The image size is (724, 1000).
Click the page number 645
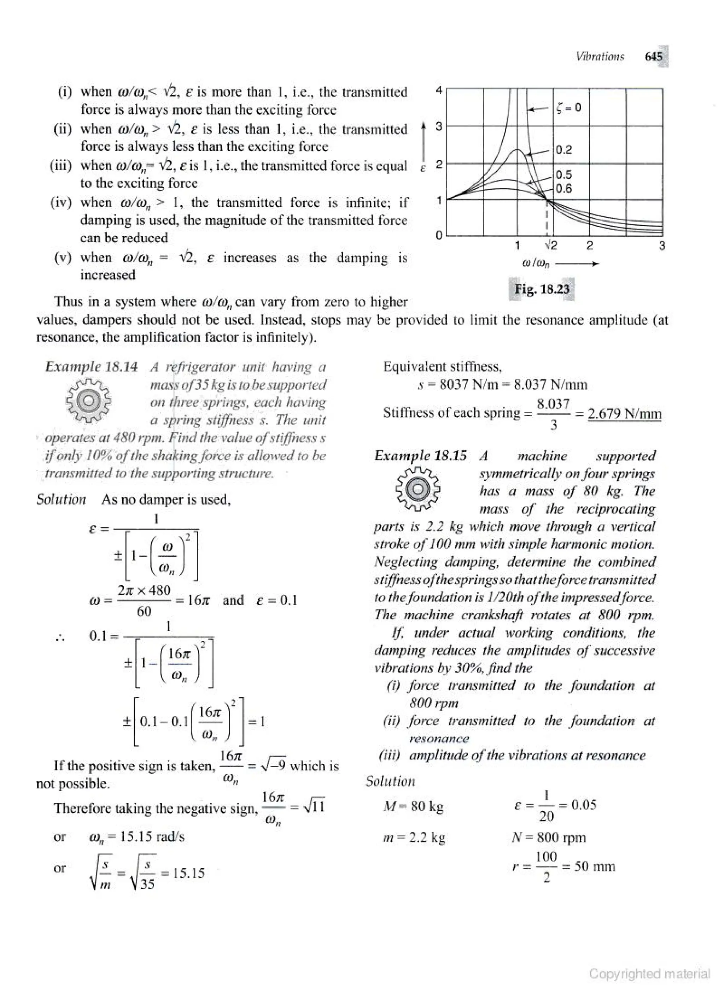[x=653, y=57]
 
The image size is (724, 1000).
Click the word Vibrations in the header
[x=600, y=57]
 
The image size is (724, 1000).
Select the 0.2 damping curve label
[x=564, y=149]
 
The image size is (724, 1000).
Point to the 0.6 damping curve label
[x=564, y=189]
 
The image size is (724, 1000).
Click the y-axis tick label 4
[x=439, y=90]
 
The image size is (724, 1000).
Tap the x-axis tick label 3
[x=661, y=245]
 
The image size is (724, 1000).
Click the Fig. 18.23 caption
[x=542, y=289]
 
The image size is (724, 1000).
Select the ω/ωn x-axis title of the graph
[x=536, y=264]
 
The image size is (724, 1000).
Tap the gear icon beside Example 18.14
[x=89, y=400]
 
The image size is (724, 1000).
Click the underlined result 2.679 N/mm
[x=624, y=414]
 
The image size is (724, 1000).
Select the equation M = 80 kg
[x=413, y=806]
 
